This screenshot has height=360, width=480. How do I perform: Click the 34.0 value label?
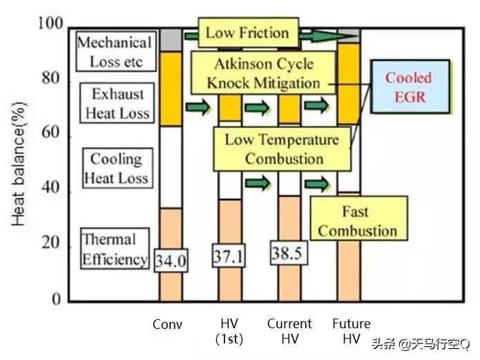pos(171,260)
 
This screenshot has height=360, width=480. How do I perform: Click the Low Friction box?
pos(247,32)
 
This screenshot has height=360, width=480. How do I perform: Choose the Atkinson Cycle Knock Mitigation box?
pos(263,73)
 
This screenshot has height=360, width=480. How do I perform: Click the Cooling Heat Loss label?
pos(115,169)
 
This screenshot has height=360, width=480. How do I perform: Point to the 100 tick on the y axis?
pos(54,26)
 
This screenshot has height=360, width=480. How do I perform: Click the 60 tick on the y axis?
pos(58,136)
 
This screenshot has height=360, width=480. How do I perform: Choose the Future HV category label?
pos(352,331)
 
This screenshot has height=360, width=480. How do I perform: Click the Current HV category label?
pos(289,331)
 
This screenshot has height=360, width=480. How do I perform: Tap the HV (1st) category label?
pos(229,331)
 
